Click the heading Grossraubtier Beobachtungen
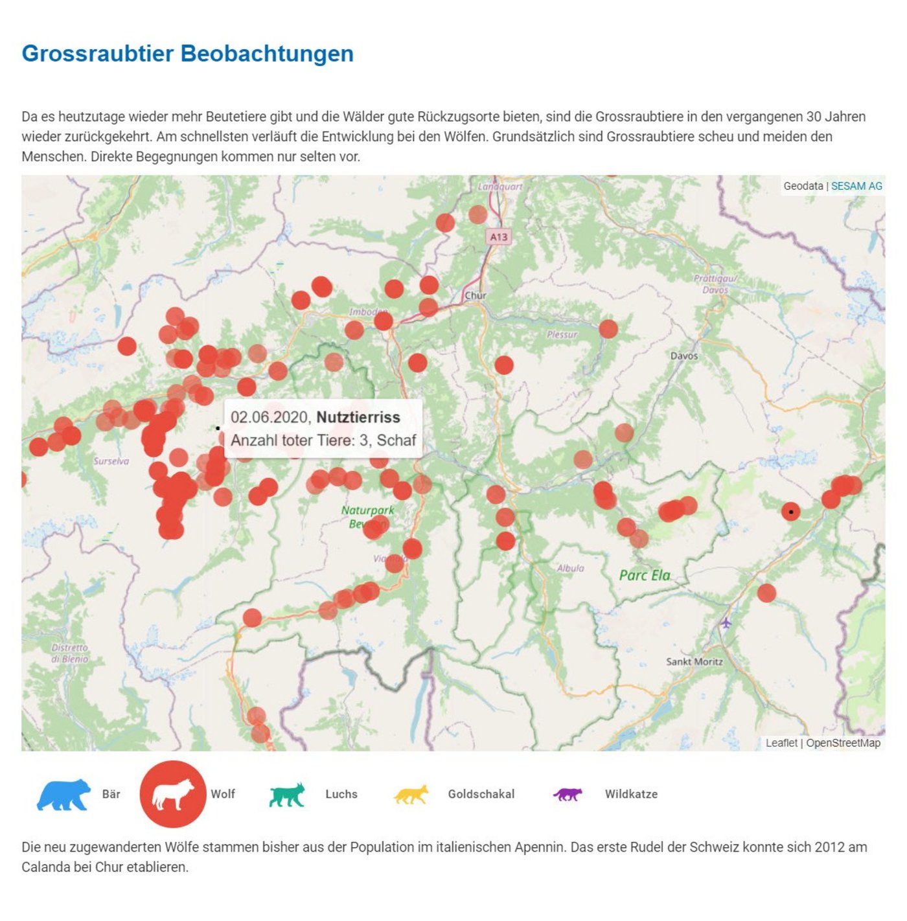pos(187,54)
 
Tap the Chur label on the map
pos(476,295)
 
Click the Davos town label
pos(684,356)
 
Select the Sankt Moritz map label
pos(695,661)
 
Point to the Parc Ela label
pos(645,575)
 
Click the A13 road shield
pos(499,237)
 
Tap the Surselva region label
pos(111,461)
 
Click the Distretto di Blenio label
pos(69,653)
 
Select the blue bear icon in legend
pos(63,795)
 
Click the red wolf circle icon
pos(173,794)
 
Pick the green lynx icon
pos(287,795)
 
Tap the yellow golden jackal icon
pos(411,795)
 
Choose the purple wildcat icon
pos(568,794)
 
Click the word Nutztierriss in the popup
pos(358,417)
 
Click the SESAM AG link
pos(856,186)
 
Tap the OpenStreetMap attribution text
pos(843,743)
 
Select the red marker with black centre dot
pos(790,512)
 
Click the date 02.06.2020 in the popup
pos(270,417)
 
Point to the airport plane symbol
pos(726,623)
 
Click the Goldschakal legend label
pos(481,794)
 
